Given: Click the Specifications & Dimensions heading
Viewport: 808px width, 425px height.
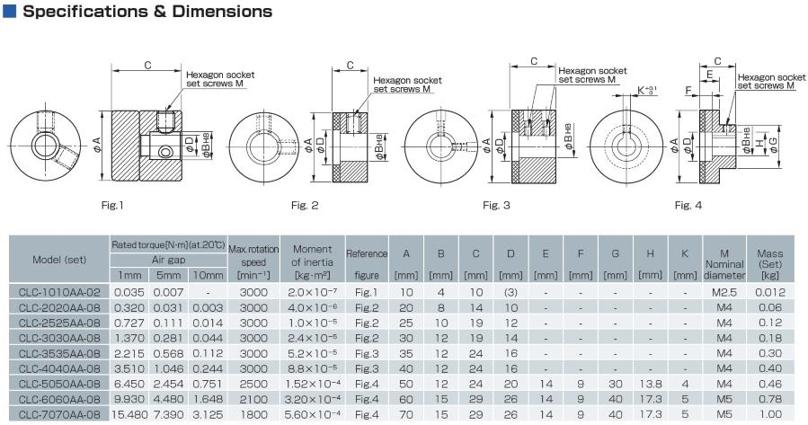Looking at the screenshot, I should pos(145,13).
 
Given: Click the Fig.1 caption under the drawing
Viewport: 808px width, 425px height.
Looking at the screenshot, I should pos(112,206).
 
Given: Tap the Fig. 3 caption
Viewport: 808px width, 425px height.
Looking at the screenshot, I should pos(496,206).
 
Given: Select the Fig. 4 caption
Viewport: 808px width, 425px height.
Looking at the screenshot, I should pos(688,206).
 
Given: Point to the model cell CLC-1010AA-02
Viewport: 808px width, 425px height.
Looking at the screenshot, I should pos(59,291).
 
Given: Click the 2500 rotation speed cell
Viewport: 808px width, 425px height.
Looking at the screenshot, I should pos(253,383).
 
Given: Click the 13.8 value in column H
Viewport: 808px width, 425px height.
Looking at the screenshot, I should pos(647,383).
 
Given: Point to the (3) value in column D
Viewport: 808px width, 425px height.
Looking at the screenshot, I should pos(511,291).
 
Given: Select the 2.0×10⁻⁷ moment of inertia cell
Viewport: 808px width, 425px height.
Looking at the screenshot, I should pos(313,291).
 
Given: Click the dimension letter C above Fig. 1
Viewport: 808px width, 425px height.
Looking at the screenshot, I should pos(147,65).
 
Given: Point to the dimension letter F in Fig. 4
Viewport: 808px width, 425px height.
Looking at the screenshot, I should pos(688,91).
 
